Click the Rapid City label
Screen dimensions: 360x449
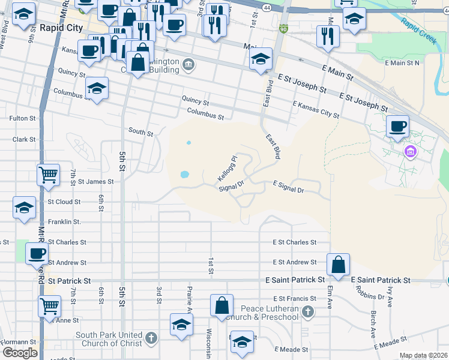[x=61, y=28]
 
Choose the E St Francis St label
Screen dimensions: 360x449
[x=294, y=298]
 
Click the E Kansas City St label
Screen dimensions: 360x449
[x=316, y=109]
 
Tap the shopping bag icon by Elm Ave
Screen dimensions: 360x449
[x=339, y=264]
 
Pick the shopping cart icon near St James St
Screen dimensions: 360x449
[x=48, y=175]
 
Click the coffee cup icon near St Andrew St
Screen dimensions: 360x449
[x=37, y=253]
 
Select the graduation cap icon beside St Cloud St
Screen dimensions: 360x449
[x=24, y=208]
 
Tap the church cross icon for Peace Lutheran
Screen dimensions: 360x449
[x=308, y=311]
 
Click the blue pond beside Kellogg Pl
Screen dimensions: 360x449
[x=184, y=175]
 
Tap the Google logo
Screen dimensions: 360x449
[x=19, y=353]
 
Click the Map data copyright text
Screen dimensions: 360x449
[x=423, y=355]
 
